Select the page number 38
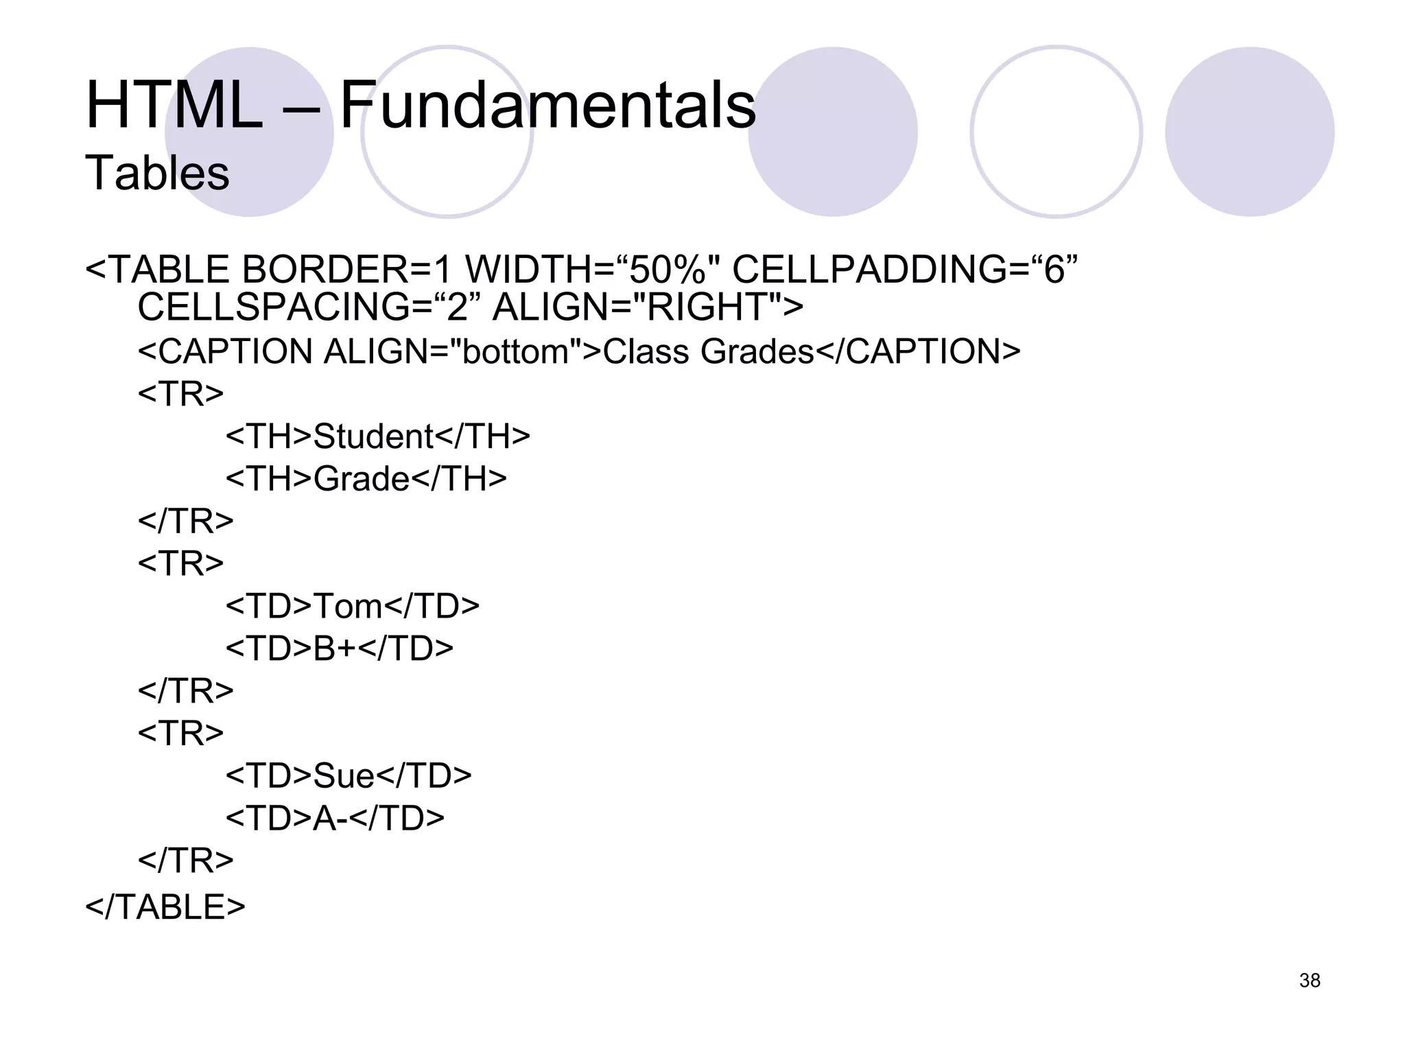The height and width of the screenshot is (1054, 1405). [1310, 981]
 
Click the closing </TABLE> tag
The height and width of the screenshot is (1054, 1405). [165, 906]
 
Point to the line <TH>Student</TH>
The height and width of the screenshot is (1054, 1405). [377, 436]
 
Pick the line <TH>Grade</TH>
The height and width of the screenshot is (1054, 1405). [366, 479]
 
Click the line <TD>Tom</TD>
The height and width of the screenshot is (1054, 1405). [353, 606]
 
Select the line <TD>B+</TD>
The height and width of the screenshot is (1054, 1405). [339, 648]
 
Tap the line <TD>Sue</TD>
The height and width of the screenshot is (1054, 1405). [349, 775]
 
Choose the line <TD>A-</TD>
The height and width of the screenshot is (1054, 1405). [335, 818]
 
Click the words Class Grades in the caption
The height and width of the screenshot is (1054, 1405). [708, 352]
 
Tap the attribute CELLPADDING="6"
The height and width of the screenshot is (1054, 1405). [905, 269]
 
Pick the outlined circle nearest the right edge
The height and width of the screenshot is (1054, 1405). [1056, 132]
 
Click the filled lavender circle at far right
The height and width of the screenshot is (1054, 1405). [1249, 132]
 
